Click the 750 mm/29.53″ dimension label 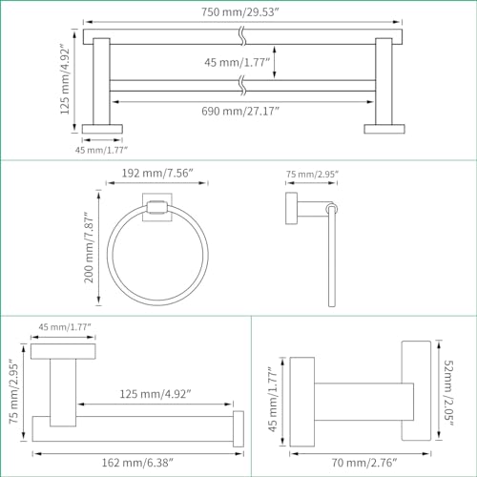240,12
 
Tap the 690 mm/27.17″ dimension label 240,111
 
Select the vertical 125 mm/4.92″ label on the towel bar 65,81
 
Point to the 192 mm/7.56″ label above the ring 157,173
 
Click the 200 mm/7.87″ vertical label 89,247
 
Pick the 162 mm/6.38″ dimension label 137,463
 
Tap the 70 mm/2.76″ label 364,463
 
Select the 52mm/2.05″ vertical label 448,393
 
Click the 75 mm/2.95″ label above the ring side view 312,174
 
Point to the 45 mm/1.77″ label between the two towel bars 237,62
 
